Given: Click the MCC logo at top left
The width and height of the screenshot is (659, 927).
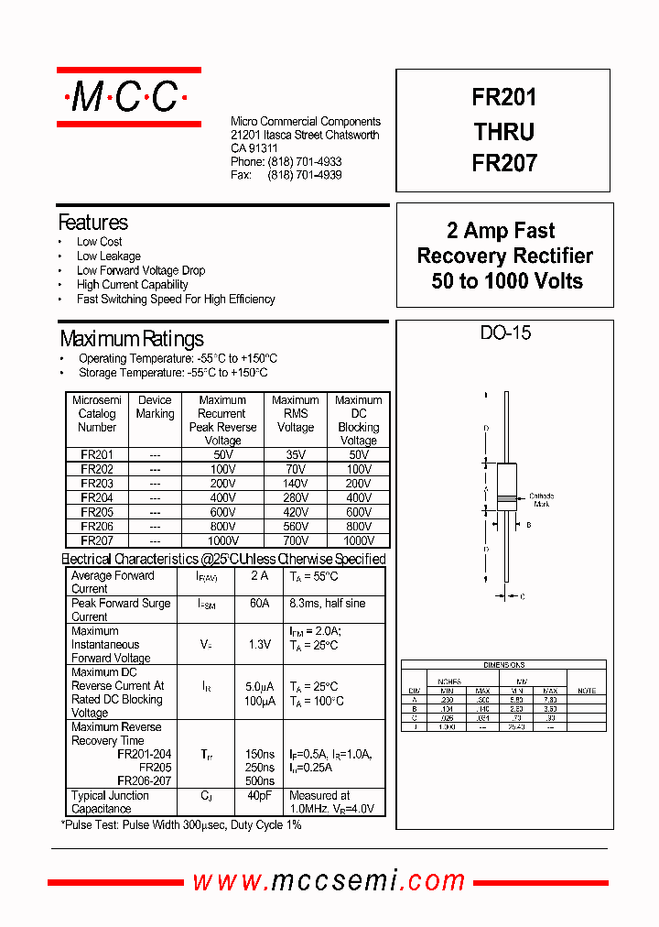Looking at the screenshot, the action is [x=128, y=96].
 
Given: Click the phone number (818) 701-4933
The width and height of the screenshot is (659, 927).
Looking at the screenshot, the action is [x=305, y=161].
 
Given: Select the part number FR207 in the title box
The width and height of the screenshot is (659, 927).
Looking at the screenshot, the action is [x=504, y=163].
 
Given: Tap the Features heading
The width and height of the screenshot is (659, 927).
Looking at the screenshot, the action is [x=93, y=223].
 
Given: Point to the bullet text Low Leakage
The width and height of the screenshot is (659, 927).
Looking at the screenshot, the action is [x=109, y=256].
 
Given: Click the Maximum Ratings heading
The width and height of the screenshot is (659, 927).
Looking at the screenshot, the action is [x=132, y=340].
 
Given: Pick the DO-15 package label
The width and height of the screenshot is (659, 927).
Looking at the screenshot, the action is [x=505, y=333].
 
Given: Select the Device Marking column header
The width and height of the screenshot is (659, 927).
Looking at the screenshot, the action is [x=155, y=407].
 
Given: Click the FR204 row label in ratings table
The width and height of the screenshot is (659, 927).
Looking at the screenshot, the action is [x=97, y=497].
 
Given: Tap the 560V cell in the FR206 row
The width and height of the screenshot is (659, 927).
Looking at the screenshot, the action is [x=295, y=527].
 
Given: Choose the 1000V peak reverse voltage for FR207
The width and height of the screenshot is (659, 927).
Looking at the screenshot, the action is [x=222, y=541].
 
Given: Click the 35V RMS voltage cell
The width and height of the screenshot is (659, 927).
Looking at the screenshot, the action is [x=295, y=454].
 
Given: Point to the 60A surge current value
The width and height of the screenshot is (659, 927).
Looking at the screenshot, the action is [x=259, y=604].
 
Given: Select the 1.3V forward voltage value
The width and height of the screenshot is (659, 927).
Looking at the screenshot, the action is [x=259, y=644].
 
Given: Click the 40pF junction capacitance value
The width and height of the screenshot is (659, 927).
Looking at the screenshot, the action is [x=259, y=796].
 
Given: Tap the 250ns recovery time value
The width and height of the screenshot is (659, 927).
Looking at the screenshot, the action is [x=259, y=768].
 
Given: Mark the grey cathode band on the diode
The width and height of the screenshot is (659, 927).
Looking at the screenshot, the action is [x=506, y=500].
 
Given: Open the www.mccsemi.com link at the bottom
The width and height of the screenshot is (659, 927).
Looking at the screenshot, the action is [x=329, y=881].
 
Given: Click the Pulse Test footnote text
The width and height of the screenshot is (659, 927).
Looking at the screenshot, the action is [x=181, y=825].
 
